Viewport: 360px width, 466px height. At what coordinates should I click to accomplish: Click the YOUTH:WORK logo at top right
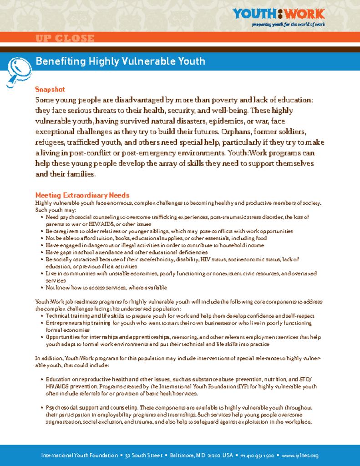tap(279, 14)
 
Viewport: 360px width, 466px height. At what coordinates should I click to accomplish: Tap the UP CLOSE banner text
tap(65, 39)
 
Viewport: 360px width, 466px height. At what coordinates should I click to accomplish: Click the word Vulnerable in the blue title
tap(146, 61)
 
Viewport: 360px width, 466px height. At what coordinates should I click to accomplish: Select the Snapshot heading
tap(50, 89)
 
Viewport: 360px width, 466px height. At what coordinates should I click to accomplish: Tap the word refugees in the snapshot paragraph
tap(50, 142)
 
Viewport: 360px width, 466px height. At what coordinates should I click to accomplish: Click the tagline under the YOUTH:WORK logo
tap(289, 25)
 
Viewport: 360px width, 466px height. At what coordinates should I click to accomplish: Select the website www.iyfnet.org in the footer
tap(300, 456)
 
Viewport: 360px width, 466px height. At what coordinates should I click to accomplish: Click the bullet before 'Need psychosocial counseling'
tap(42, 218)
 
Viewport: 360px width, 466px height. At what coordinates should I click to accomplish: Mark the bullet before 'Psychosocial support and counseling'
tap(42, 408)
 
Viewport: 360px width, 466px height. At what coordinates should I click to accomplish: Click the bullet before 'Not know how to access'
tap(42, 288)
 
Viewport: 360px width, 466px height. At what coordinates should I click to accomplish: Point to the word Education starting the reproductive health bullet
tap(58, 379)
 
